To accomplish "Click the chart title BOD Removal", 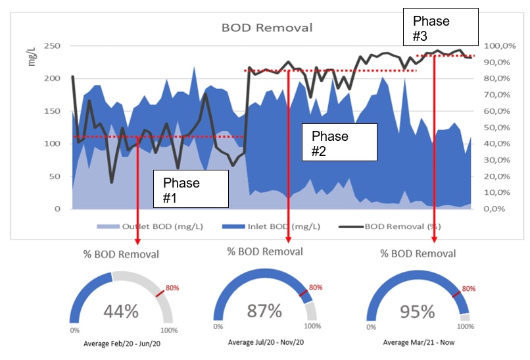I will [267, 28].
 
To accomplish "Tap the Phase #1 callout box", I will [190, 189].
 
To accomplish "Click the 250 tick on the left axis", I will [52, 46].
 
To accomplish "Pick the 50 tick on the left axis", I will [55, 176].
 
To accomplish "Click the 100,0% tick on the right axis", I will [501, 46].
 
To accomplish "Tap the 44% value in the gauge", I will [120, 311].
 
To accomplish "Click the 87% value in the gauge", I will [265, 311].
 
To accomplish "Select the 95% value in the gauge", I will [417, 311].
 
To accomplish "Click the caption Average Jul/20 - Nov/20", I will [265, 342].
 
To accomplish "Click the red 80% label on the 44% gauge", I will [172, 288].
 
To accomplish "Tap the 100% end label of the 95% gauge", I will [465, 326].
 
